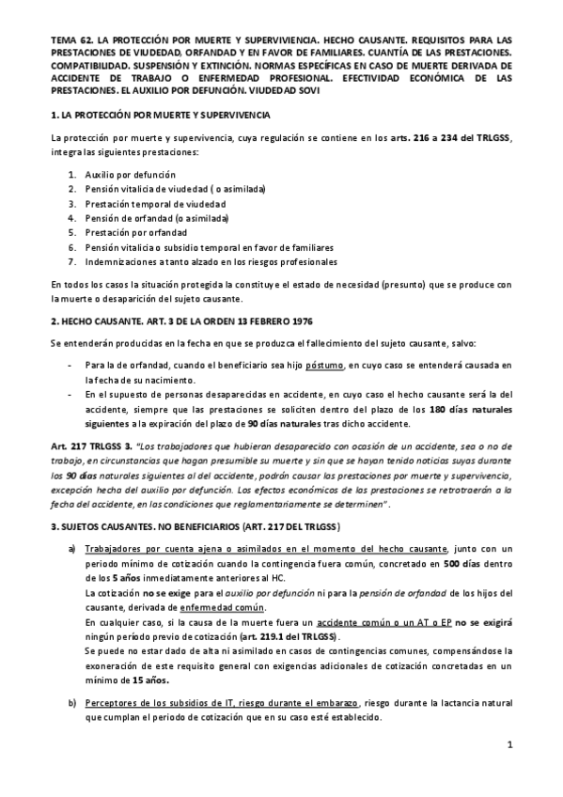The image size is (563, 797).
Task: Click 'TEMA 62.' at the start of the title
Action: click(x=70, y=41)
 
